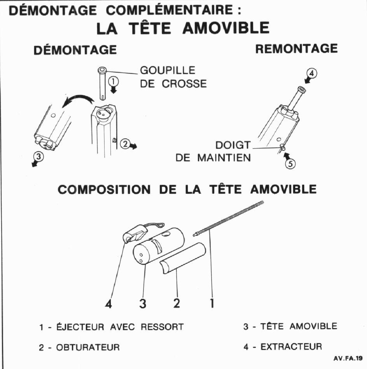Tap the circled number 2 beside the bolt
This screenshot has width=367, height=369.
(x=125, y=143)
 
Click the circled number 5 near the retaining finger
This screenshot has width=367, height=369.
(x=290, y=164)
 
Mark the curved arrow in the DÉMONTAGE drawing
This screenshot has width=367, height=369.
(x=78, y=100)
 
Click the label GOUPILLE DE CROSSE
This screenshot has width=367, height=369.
(x=173, y=77)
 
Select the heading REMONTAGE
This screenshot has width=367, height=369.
(x=296, y=49)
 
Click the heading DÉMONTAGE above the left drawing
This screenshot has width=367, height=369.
(x=75, y=50)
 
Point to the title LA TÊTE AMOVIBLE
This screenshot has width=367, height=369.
(x=182, y=28)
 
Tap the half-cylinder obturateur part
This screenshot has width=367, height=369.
(x=183, y=259)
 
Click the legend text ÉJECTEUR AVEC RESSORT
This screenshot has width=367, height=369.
(x=111, y=327)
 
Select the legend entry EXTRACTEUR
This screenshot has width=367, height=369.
(x=283, y=346)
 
